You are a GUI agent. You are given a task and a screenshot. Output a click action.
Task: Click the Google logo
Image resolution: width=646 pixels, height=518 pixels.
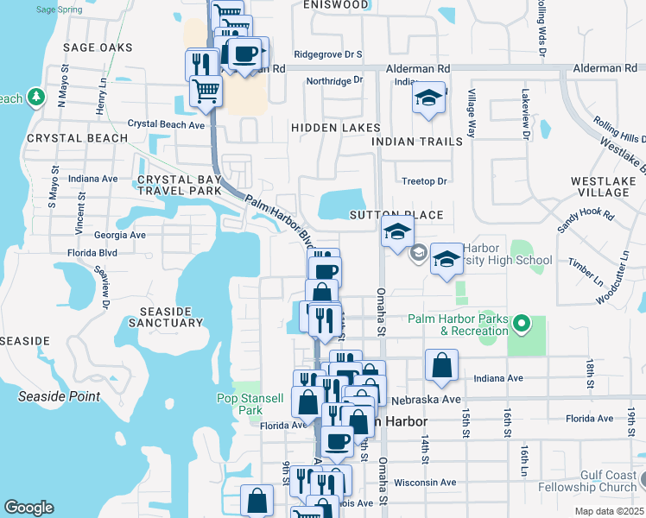point(28,508)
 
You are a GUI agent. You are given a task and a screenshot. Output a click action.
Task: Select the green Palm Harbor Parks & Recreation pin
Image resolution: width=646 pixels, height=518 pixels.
point(521,325)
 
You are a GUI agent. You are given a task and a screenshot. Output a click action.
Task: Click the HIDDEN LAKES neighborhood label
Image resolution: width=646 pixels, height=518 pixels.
point(335,128)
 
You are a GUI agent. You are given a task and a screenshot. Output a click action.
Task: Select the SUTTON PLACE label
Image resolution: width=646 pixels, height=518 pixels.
point(396,215)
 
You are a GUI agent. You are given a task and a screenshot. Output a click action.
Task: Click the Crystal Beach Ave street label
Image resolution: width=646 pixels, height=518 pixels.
point(166,124)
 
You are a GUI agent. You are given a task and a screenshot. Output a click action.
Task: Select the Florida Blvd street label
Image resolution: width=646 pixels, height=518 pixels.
point(92,254)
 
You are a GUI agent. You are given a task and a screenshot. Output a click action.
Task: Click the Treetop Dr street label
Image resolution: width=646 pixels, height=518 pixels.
point(424,181)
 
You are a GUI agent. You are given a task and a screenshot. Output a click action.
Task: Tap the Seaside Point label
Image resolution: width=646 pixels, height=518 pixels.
point(59,397)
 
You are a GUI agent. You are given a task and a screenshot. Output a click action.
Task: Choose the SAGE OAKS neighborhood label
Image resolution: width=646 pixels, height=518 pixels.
point(98,47)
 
